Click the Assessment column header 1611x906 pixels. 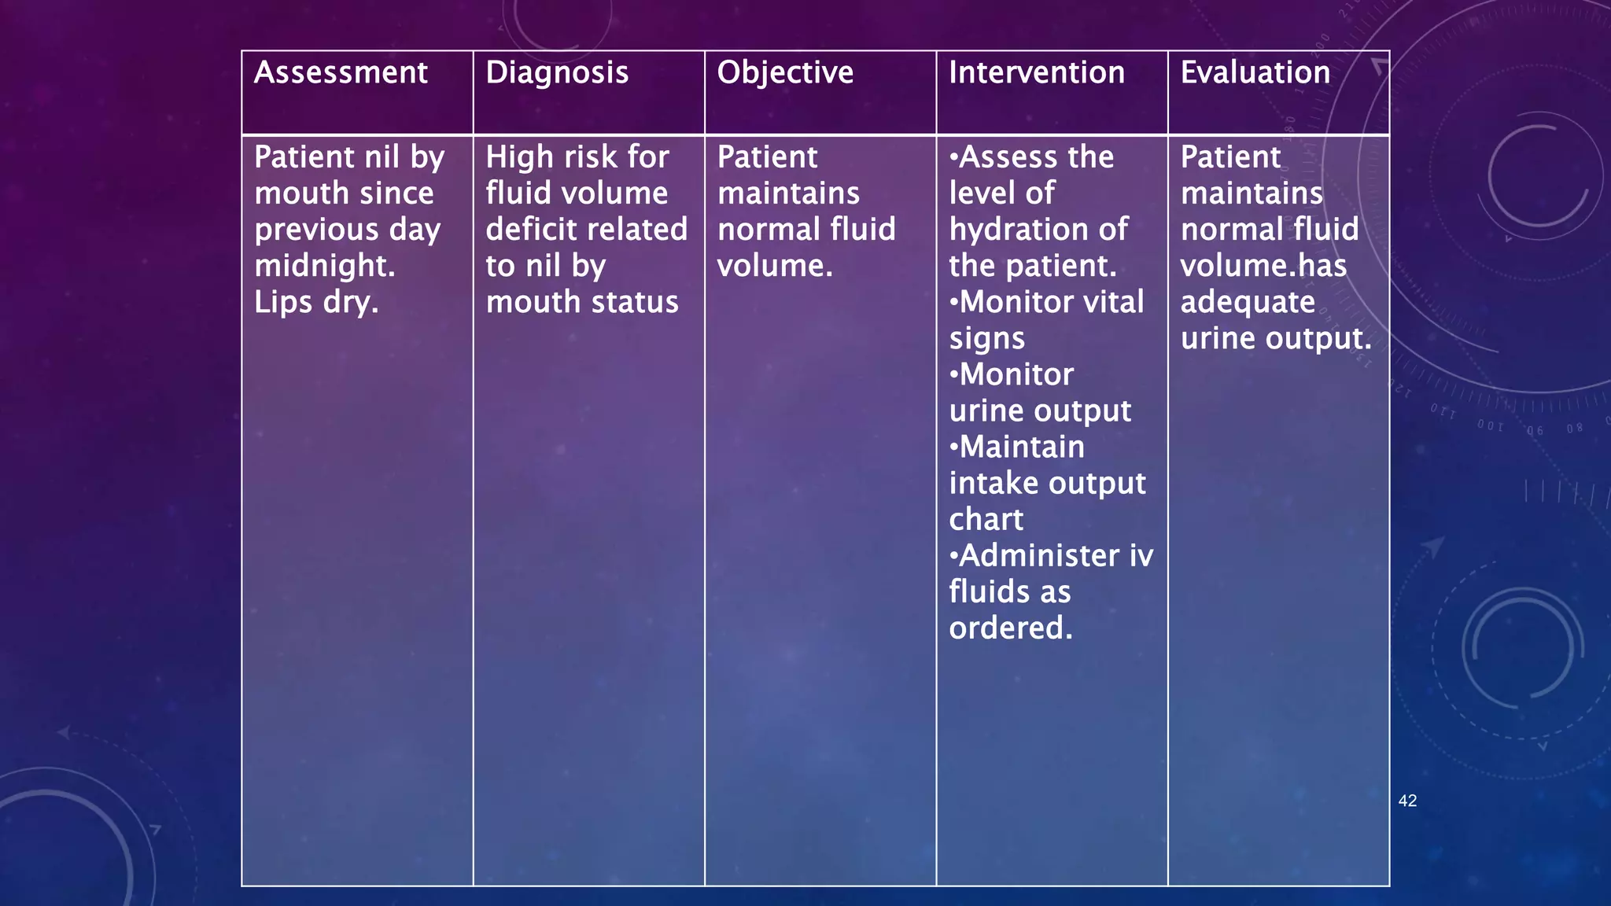point(341,73)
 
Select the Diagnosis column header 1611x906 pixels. point(557,73)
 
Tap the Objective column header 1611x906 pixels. point(785,73)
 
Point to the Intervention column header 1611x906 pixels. point(1037,73)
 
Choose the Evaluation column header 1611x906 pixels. point(1255,73)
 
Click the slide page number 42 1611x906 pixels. point(1407,801)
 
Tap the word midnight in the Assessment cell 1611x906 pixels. point(324,266)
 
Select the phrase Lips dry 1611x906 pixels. point(316,303)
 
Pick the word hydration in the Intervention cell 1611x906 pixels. point(1016,230)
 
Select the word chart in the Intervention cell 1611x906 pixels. point(986,520)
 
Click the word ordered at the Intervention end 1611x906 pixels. point(1010,628)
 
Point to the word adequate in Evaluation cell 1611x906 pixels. point(1248,303)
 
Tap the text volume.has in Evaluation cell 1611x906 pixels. point(1263,267)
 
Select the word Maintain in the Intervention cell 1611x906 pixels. point(1022,447)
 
